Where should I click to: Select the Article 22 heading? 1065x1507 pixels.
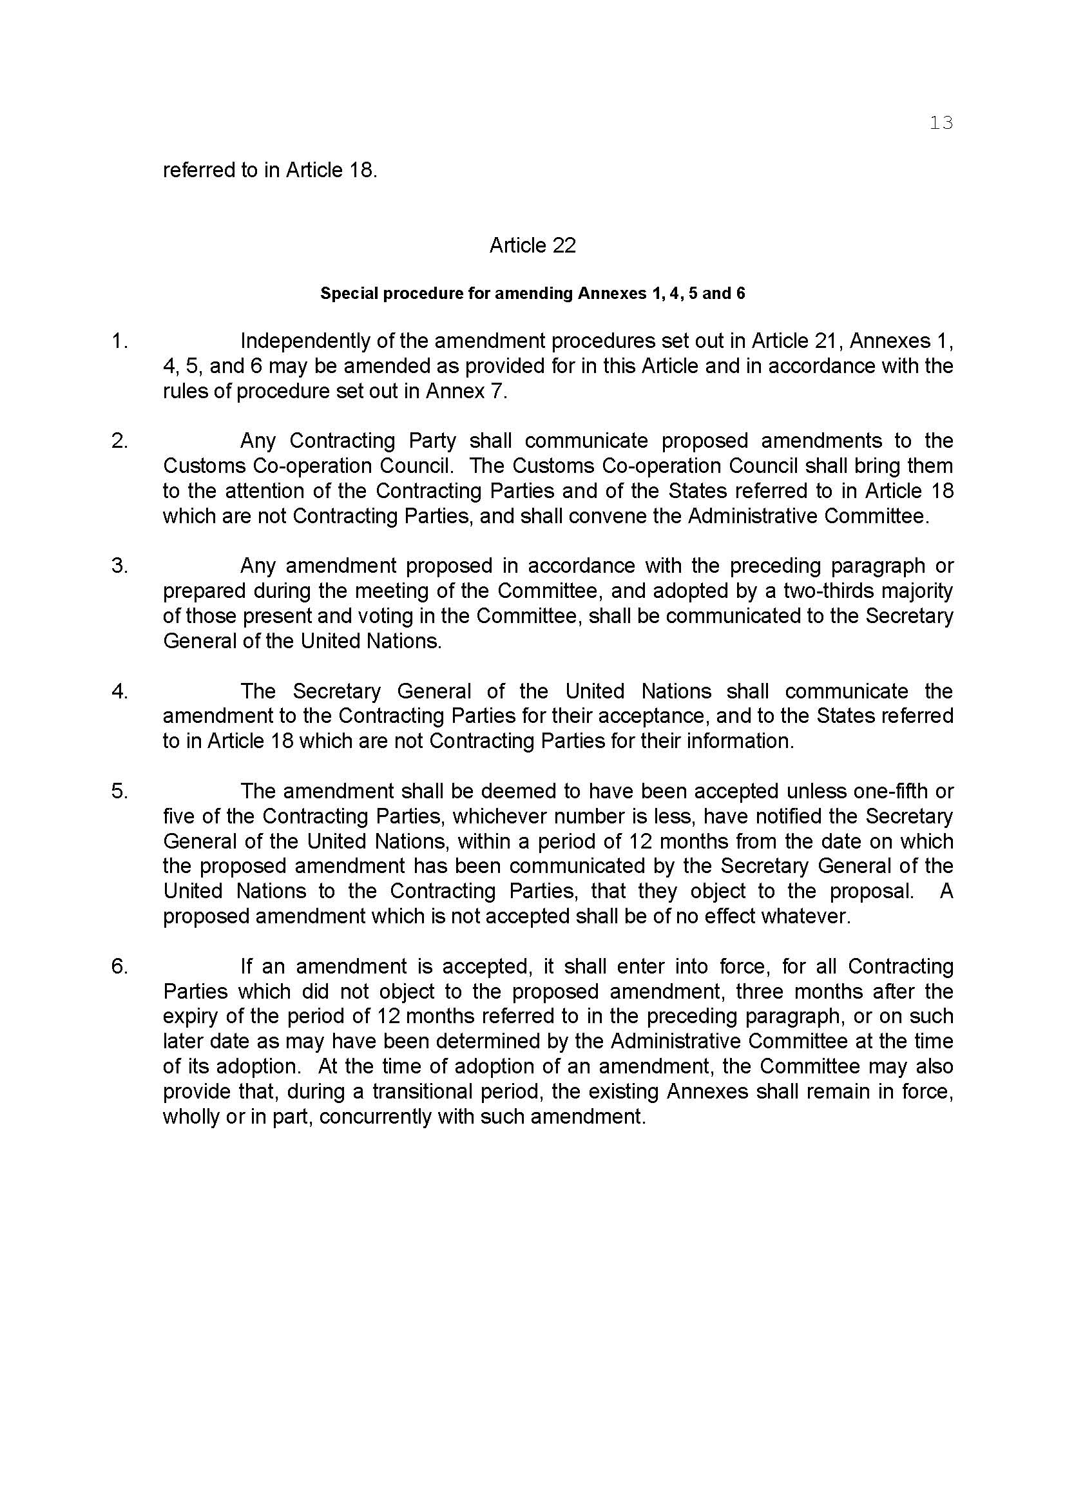532,245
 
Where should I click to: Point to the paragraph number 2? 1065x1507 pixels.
119,441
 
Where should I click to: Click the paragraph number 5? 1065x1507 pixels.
119,791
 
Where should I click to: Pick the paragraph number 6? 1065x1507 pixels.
119,966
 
